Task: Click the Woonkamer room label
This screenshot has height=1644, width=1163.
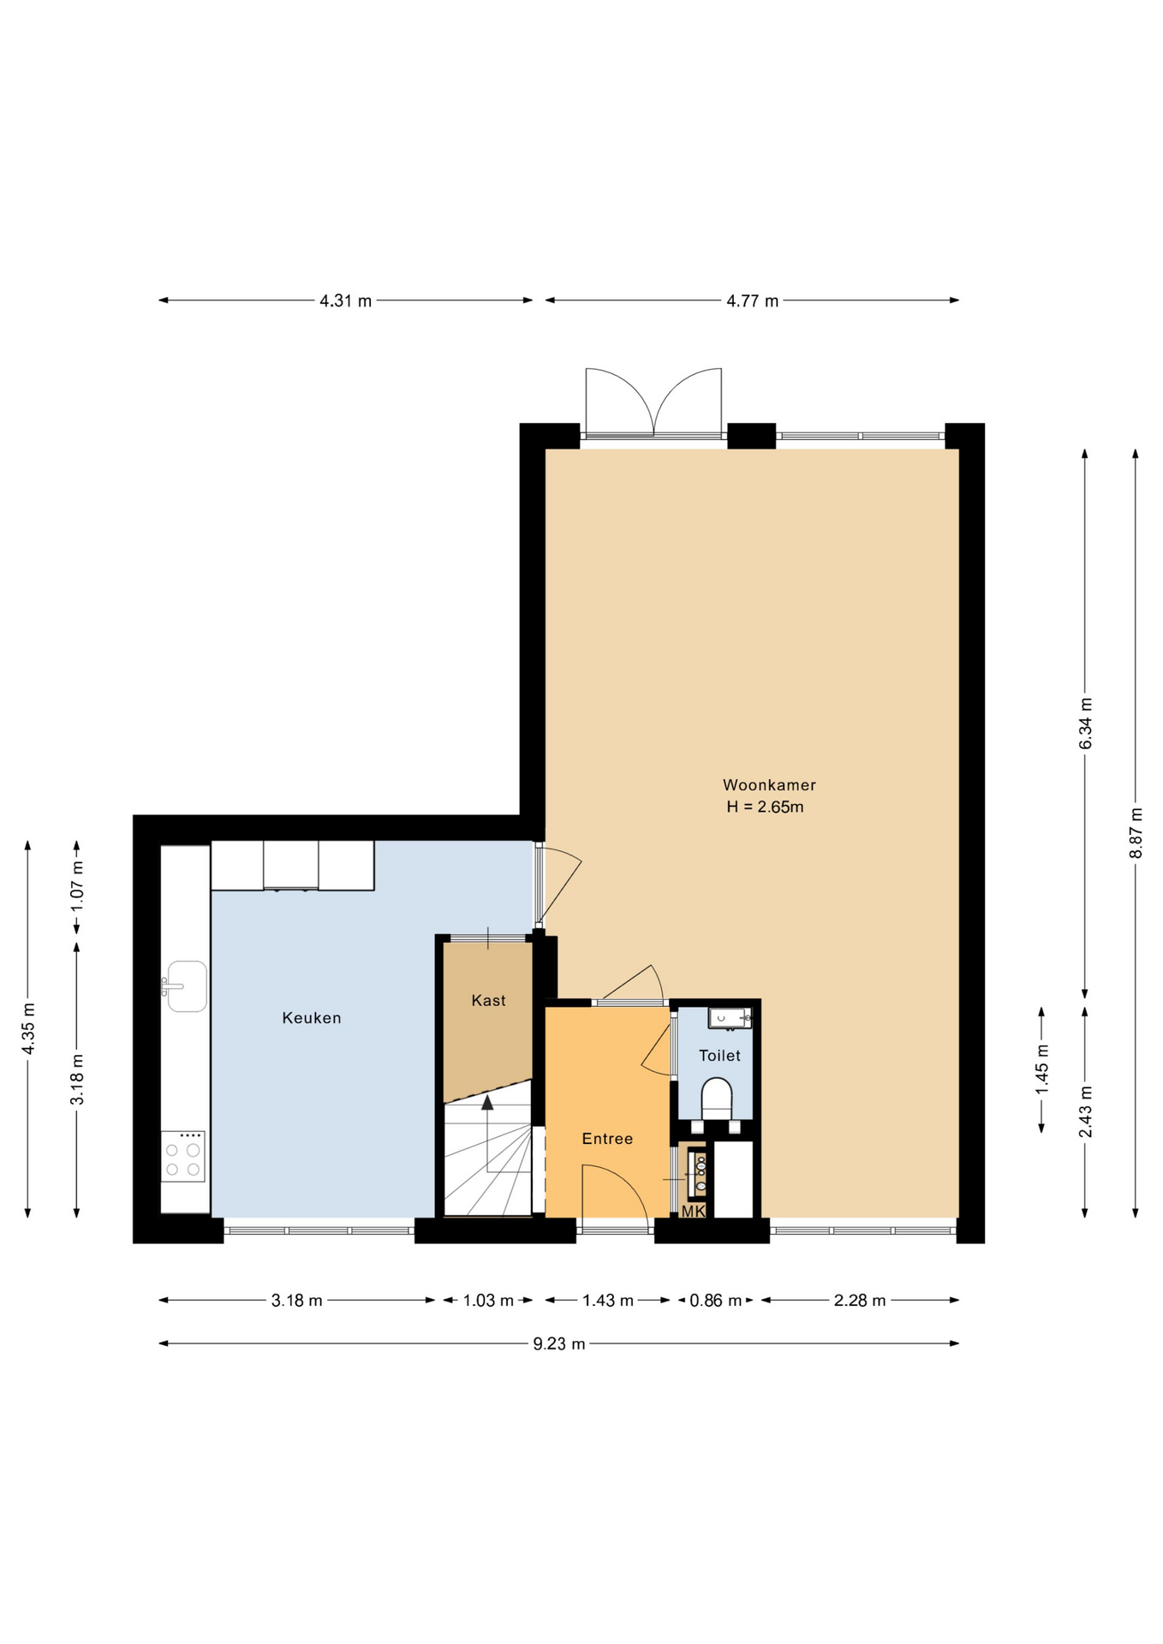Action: [769, 785]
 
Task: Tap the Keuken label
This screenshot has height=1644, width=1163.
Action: [312, 1018]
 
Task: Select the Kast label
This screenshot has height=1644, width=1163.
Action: [489, 1001]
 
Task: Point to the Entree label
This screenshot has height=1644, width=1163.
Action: [607, 1139]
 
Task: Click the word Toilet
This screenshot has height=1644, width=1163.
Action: [719, 1056]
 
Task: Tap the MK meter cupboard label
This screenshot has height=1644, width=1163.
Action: [694, 1212]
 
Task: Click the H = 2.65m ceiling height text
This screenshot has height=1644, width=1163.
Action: [766, 807]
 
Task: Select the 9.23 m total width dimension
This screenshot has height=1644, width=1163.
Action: [559, 1343]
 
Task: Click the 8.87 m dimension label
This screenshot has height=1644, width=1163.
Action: [1136, 833]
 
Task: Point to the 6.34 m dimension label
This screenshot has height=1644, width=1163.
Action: [1086, 724]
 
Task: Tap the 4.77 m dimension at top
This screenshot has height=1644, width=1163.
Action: [753, 301]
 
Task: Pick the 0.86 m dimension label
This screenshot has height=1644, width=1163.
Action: [716, 1301]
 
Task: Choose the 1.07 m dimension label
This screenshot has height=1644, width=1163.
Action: [77, 885]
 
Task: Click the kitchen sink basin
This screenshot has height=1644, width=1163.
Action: [186, 986]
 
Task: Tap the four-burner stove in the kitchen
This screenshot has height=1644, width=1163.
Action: [183, 1157]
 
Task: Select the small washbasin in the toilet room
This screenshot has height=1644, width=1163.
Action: [730, 1018]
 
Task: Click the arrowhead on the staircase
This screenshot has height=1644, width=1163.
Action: [487, 1102]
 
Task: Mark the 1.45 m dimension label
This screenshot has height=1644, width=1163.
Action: [1042, 1069]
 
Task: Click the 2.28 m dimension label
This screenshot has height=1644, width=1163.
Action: [860, 1301]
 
